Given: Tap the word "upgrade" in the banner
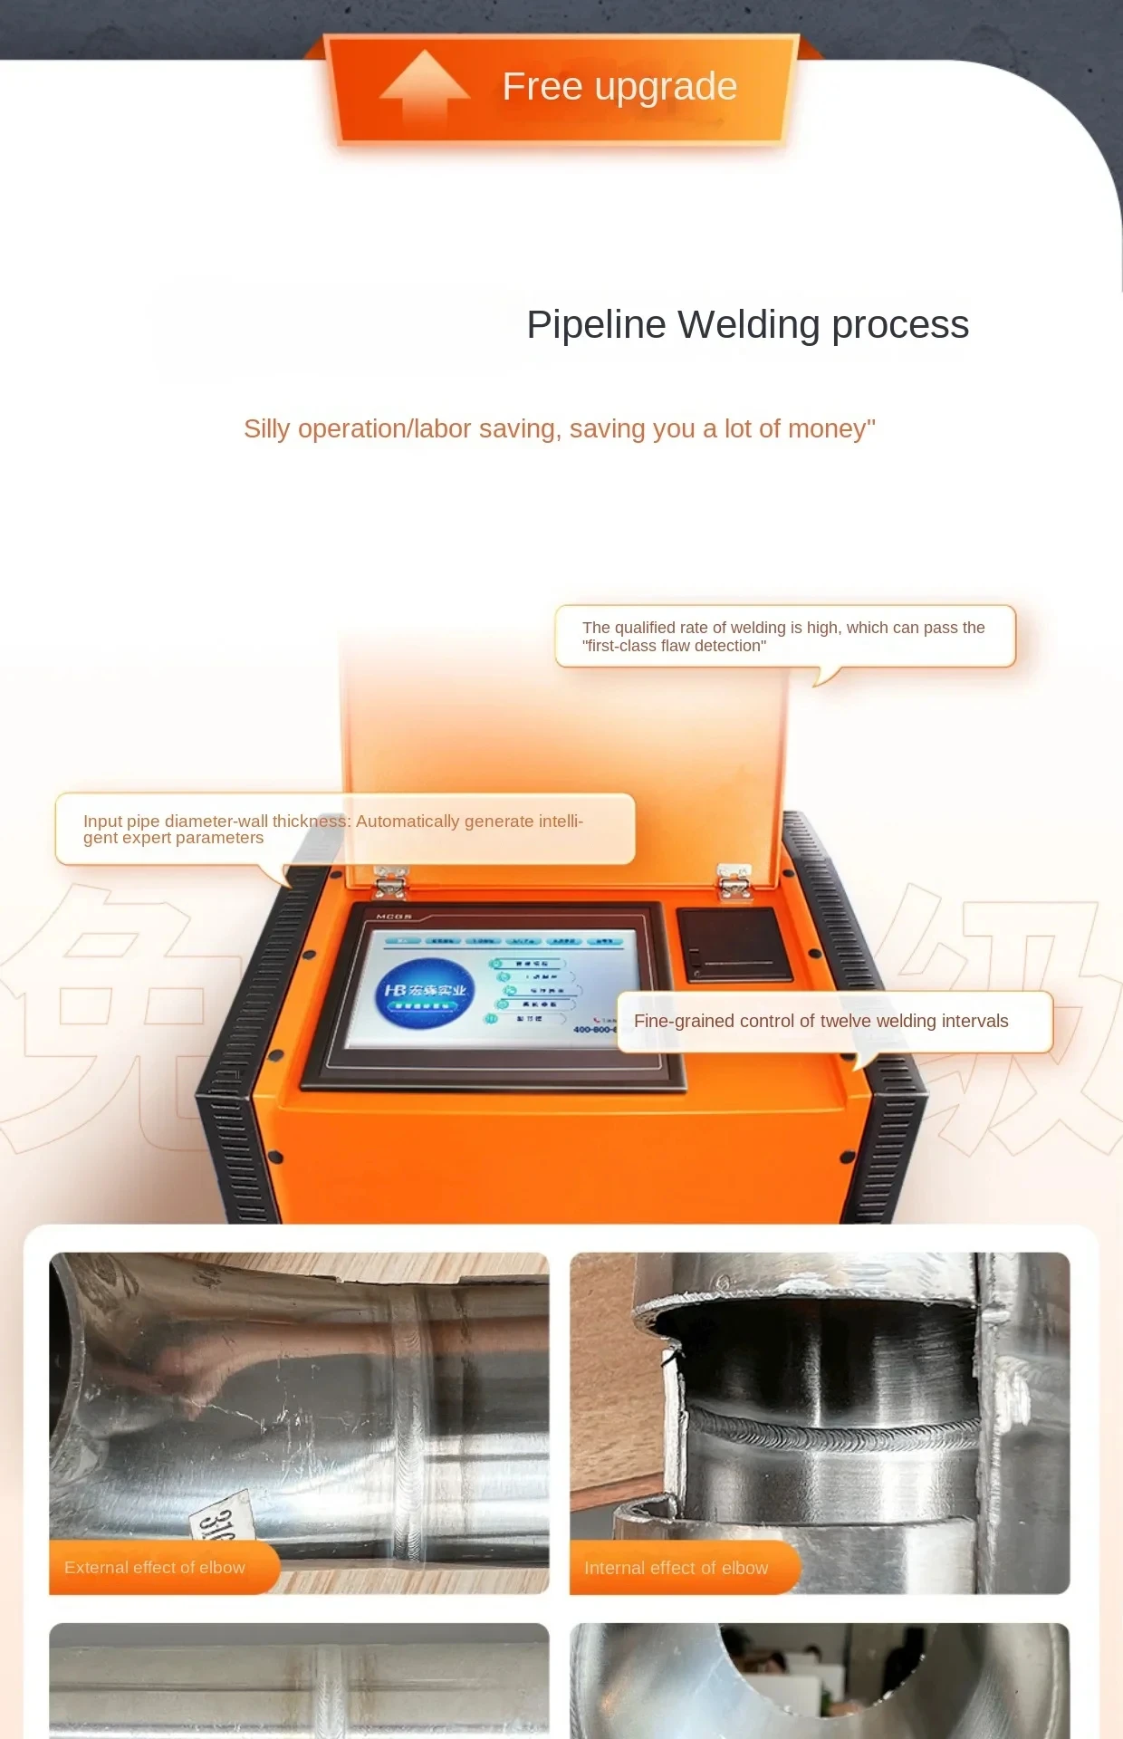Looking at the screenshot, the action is point(666,88).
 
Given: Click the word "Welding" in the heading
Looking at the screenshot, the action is point(748,325).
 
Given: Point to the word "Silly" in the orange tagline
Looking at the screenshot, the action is point(266,429).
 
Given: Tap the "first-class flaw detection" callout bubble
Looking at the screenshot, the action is point(784,637).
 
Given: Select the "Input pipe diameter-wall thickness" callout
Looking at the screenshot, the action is point(344,829).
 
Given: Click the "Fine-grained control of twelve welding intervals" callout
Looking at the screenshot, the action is point(833,1022).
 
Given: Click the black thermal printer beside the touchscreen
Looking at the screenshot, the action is point(735,945).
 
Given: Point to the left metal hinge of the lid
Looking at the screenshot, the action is point(390,880).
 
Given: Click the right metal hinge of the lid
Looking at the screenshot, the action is point(734,880).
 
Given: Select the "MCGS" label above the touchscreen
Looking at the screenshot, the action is point(394,918).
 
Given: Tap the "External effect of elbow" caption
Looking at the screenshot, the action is point(155,1568).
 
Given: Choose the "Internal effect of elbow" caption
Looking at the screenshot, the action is point(677,1568).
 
